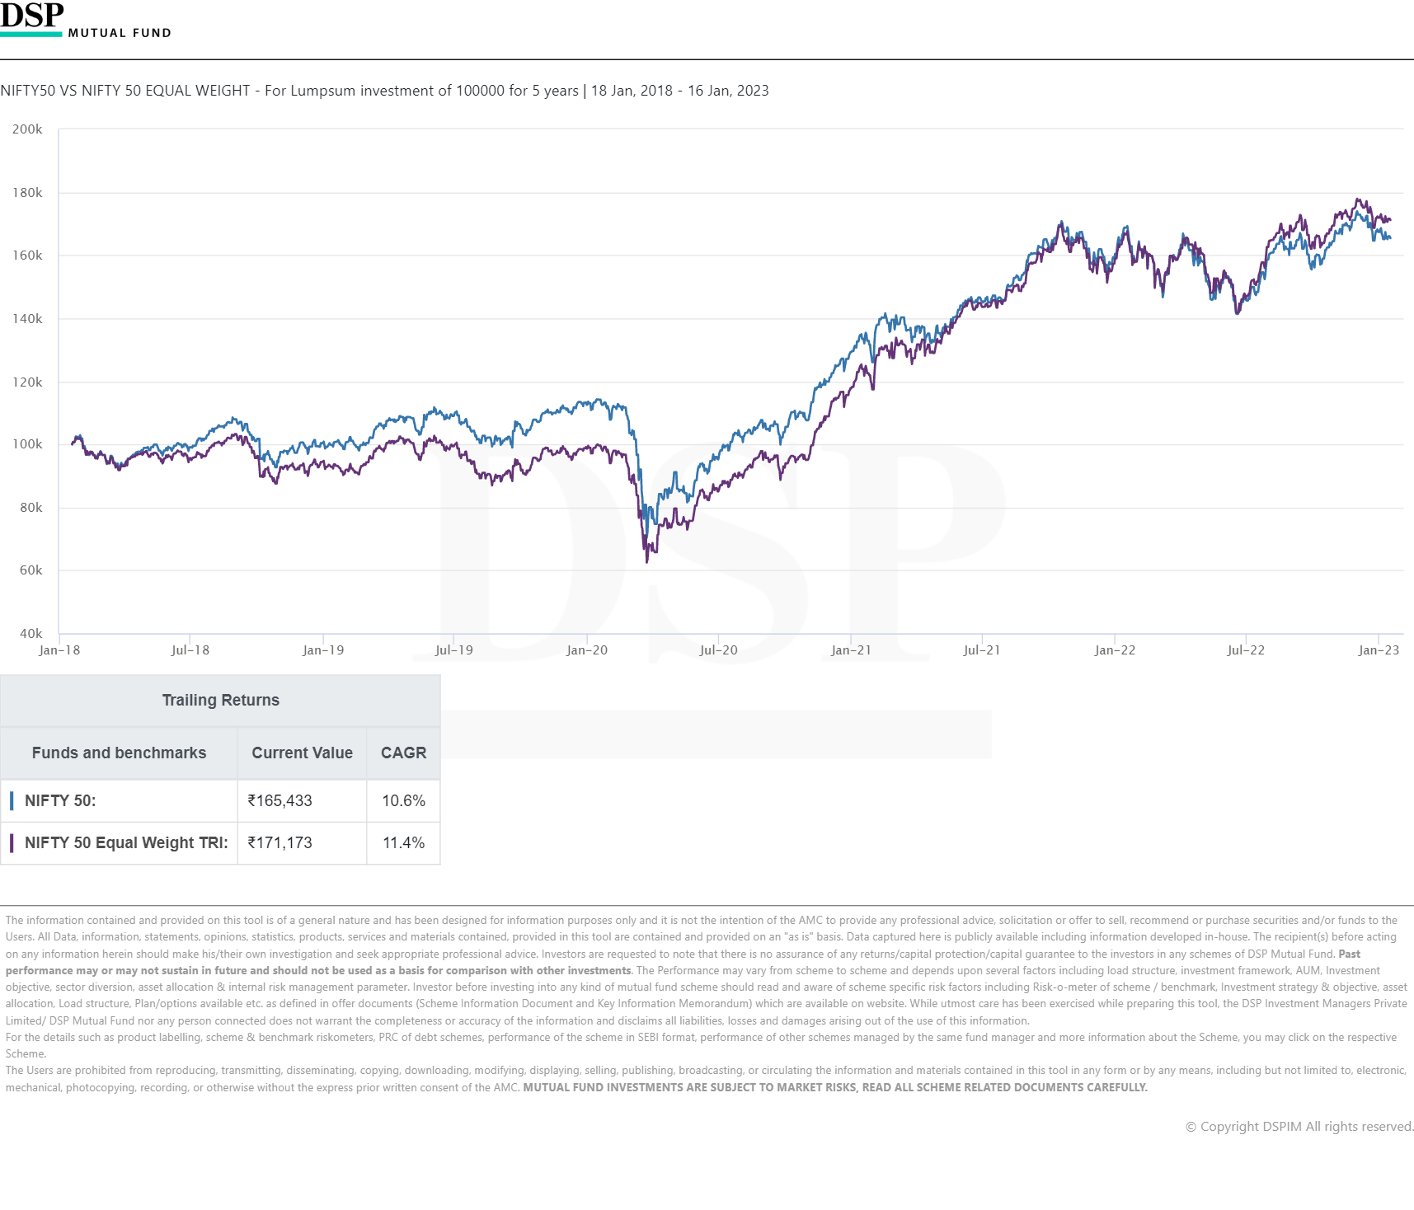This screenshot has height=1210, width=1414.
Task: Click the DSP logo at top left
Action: pos(33,16)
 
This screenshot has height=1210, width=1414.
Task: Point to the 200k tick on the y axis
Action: pos(27,129)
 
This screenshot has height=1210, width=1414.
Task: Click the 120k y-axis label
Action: pos(27,382)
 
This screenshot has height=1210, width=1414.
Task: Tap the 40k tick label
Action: pos(31,634)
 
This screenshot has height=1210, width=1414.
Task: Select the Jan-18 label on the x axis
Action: pos(59,650)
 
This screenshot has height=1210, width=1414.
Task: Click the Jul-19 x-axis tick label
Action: pos(454,650)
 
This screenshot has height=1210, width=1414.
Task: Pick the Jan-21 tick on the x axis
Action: pos(851,650)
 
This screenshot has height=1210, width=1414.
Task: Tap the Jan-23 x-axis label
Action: pos(1379,650)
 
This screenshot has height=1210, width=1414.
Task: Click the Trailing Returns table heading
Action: pos(220,701)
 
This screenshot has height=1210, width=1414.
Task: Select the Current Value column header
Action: pos(302,753)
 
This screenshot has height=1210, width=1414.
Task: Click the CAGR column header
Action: pos(403,753)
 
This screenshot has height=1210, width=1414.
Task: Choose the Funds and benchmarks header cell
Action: pos(119,753)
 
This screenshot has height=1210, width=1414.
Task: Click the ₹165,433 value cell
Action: pos(280,801)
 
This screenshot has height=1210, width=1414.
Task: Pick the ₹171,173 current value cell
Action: pos(280,843)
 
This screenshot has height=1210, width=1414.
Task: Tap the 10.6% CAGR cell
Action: pos(403,801)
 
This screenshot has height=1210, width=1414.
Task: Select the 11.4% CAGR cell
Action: pos(403,843)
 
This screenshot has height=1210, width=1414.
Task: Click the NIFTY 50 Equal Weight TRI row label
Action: pos(126,843)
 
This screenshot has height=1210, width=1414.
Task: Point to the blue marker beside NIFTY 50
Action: pos(12,801)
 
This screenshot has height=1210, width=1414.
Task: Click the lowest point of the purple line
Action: pos(647,561)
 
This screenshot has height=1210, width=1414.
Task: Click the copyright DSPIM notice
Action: pos(1299,1127)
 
